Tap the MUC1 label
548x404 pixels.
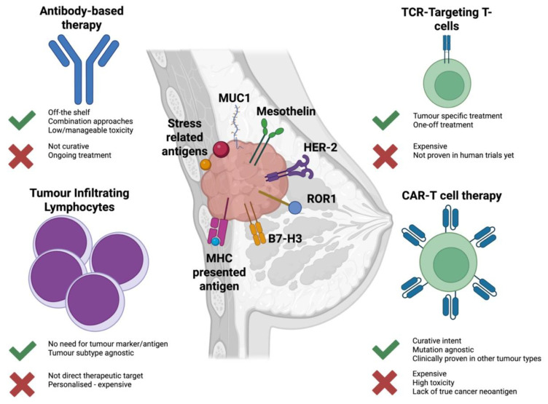click(x=234, y=98)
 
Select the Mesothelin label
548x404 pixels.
click(x=286, y=111)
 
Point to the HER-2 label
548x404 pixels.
click(x=320, y=147)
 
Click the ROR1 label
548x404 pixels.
click(x=321, y=199)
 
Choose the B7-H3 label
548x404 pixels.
click(x=285, y=239)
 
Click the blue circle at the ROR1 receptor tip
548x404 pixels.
click(x=295, y=207)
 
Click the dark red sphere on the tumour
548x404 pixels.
click(x=221, y=149)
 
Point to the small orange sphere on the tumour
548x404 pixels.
click(x=205, y=165)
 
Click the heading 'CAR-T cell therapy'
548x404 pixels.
click(x=452, y=196)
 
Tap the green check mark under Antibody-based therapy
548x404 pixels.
click(x=22, y=120)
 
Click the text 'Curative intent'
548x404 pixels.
click(x=437, y=341)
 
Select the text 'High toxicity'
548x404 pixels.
click(x=434, y=383)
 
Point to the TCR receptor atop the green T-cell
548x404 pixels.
click(x=447, y=49)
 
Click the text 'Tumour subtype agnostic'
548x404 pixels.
click(x=91, y=353)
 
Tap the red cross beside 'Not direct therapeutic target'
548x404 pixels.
click(x=22, y=384)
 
